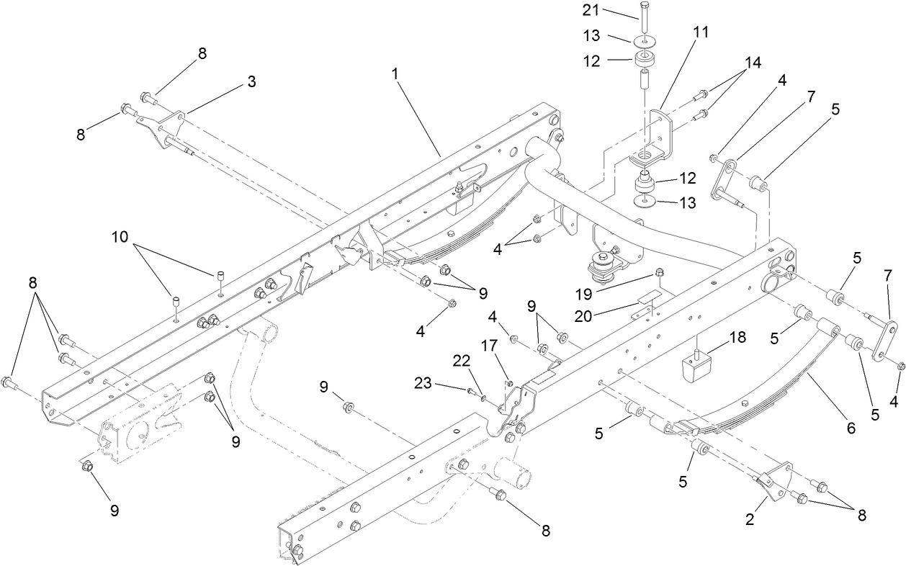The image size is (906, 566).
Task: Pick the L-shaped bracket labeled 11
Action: coord(658,137)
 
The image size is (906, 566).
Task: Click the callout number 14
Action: coord(752,63)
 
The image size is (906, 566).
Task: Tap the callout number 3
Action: coord(251,82)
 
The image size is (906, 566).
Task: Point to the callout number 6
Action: coord(851,428)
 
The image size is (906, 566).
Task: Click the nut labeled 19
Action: coord(660,272)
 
